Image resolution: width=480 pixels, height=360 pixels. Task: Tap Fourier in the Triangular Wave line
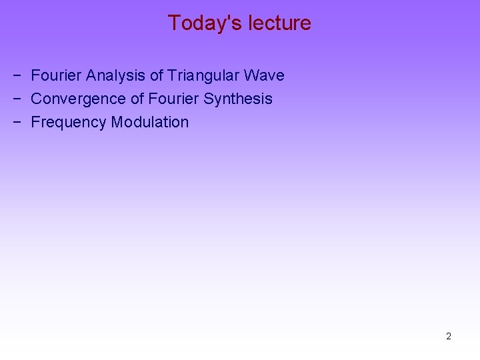tap(57, 75)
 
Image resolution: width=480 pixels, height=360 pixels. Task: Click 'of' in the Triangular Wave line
tap(157, 75)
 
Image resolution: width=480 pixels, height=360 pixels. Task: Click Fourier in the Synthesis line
tap(173, 99)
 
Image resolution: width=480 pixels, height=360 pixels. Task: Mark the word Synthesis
tap(238, 99)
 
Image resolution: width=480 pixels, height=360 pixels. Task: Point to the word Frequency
tap(69, 122)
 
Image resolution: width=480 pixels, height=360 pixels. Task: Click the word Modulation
tap(150, 122)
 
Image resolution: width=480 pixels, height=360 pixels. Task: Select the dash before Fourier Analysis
tap(15, 76)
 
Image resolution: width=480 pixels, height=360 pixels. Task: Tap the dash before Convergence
tap(15, 99)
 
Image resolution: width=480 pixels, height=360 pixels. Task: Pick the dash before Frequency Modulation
tap(15, 123)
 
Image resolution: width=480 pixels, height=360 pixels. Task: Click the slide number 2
tap(449, 336)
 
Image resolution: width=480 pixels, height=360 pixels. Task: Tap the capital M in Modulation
tap(117, 122)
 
